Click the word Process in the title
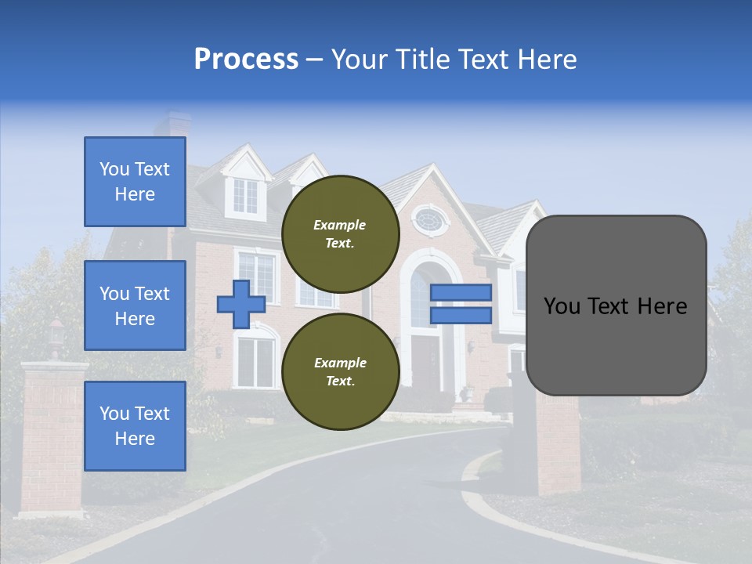coord(246,60)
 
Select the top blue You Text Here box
coord(135,182)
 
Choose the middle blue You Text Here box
coord(135,305)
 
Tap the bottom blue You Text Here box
coord(135,425)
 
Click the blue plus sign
coord(240,304)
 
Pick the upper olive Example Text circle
coord(340,234)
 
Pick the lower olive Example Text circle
coord(340,372)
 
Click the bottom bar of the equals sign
coord(461,316)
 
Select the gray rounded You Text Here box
coord(616,305)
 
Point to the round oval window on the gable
coord(428,219)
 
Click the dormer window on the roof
coord(245,195)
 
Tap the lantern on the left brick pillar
coord(56,334)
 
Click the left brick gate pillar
coord(54,439)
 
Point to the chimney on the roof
coord(173,125)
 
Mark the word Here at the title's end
coord(544,60)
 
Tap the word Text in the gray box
coord(615,306)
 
